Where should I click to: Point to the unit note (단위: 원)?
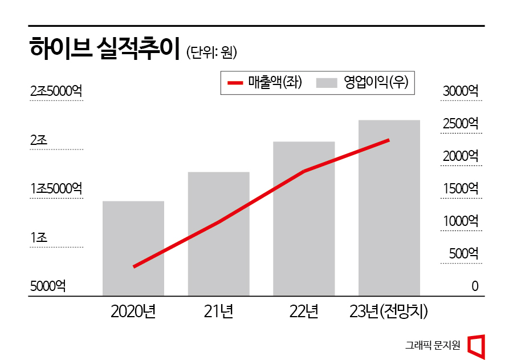coord(211,52)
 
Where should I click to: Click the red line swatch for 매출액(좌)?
coord(235,83)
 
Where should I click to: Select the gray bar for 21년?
coord(219,234)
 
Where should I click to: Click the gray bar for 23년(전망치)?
coord(389,208)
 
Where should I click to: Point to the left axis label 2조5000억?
coord(56,91)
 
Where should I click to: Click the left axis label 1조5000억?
coord(56,189)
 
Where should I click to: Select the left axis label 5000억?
coord(48,286)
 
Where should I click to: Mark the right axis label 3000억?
coord(460,91)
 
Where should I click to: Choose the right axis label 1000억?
coord(460,221)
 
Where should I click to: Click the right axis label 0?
coord(475,286)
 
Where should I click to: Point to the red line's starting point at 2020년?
coord(135,266)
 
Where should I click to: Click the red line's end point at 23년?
coord(389,140)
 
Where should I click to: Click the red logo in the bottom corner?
coord(476,347)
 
